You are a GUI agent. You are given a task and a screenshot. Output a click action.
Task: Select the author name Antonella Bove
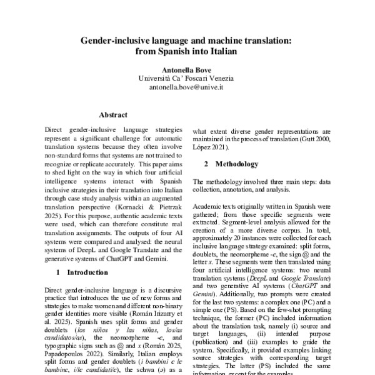[x=187, y=70]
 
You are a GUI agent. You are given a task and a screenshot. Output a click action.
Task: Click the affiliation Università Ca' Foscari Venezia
[x=187, y=79]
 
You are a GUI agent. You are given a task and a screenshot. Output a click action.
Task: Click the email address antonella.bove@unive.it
[x=187, y=88]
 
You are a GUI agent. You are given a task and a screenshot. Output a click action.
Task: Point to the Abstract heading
[x=113, y=115]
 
